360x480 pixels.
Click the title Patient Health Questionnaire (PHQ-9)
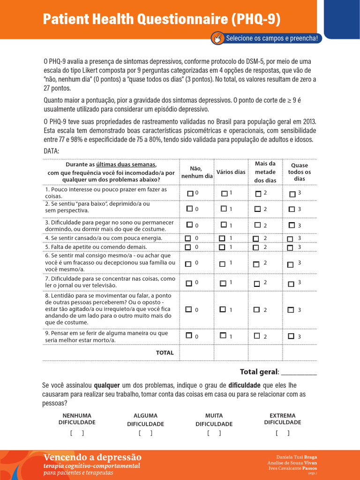point(162,19)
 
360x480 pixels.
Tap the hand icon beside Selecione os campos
point(218,38)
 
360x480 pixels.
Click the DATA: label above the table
point(52,151)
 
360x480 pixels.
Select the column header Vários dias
point(231,172)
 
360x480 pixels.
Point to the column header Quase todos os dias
point(300,172)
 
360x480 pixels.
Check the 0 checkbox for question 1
point(189,193)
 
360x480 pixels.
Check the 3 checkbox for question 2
point(292,209)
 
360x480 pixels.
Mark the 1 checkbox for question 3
point(224,225)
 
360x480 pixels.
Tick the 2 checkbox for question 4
point(255,239)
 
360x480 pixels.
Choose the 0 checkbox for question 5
point(188,247)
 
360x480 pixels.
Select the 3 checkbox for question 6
point(291,264)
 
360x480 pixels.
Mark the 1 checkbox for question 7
point(223,283)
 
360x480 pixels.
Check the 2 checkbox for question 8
point(256,309)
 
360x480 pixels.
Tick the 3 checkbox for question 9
point(291,336)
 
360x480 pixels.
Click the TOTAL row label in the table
point(165,352)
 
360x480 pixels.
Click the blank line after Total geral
point(299,372)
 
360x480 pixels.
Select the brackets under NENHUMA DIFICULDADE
point(77,433)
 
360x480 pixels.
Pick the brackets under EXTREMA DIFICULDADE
point(282,433)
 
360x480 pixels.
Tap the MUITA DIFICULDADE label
point(214,420)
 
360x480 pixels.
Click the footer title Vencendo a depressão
point(92,457)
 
